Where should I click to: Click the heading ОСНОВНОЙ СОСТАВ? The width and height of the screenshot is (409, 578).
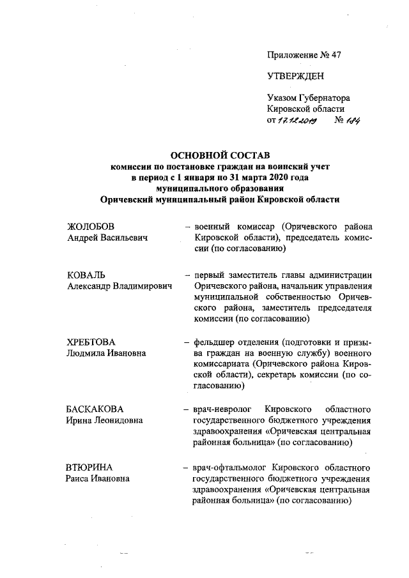tap(219, 155)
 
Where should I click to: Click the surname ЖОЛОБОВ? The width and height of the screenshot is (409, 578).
tap(93, 227)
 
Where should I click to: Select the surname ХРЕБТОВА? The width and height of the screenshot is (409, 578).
tap(93, 342)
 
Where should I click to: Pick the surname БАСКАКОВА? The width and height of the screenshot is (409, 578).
tap(95, 408)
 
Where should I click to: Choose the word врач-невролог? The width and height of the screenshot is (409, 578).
tap(224, 408)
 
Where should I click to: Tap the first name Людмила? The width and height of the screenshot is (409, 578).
tap(87, 353)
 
